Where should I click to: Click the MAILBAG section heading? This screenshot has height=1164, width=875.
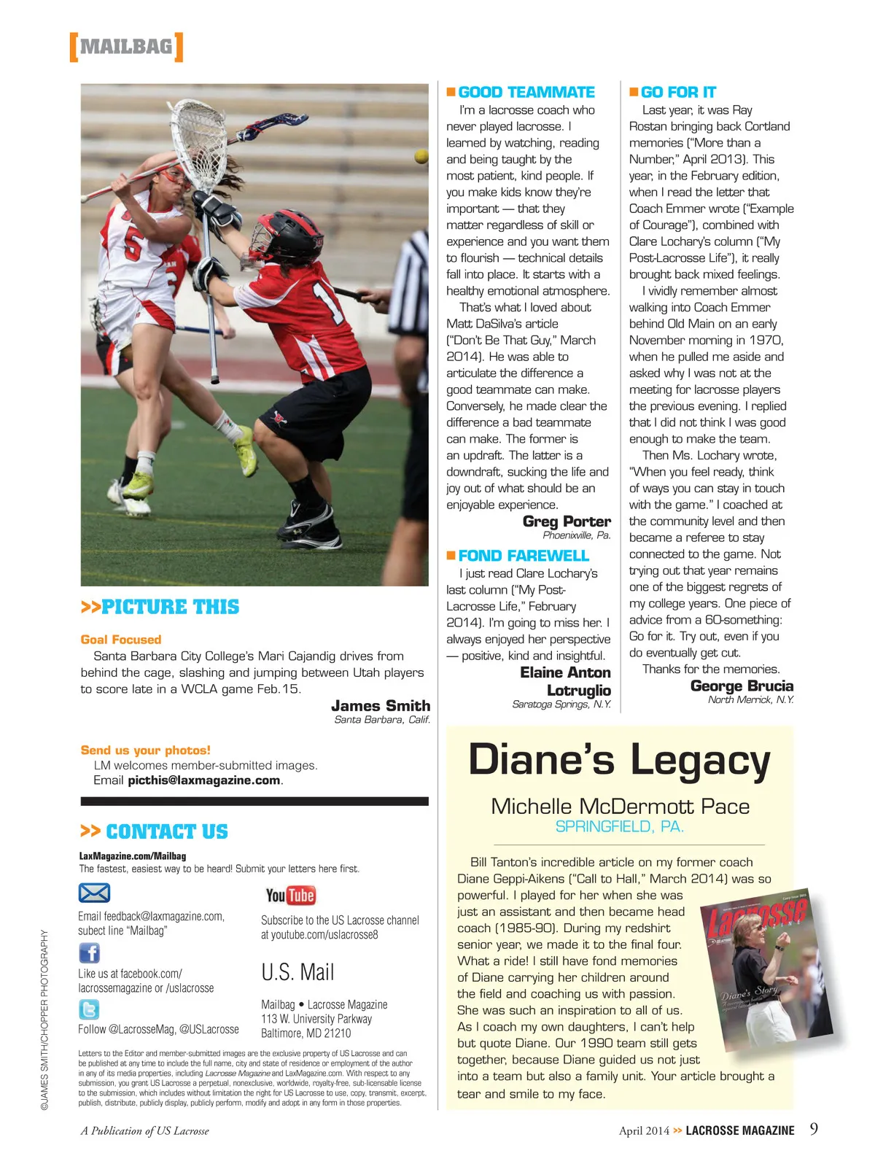click(x=125, y=47)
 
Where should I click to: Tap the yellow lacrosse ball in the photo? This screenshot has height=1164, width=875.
click(x=421, y=156)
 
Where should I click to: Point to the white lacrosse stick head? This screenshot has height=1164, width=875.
click(x=198, y=140)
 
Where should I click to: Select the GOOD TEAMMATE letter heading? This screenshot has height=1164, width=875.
click(x=526, y=93)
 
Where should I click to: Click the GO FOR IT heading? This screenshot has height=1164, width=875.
click(x=677, y=93)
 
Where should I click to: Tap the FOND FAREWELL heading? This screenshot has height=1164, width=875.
click(x=523, y=556)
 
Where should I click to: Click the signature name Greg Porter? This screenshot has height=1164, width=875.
click(x=567, y=521)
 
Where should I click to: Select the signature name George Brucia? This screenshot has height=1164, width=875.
click(x=742, y=686)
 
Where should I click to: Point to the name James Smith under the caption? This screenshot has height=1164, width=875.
click(x=380, y=705)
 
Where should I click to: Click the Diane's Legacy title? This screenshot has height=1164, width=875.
click(x=619, y=760)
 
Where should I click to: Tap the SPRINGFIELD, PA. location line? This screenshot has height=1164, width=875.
click(x=619, y=826)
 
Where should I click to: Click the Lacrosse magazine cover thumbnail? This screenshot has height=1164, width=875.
click(x=758, y=963)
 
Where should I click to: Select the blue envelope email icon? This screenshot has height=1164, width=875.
click(x=94, y=893)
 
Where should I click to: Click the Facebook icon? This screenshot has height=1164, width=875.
click(x=89, y=952)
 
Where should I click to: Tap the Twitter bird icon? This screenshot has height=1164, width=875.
click(x=89, y=1009)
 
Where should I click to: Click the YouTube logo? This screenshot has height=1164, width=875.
click(x=290, y=895)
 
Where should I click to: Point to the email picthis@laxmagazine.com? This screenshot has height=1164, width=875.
click(x=204, y=780)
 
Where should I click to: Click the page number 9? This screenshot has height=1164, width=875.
click(x=814, y=1129)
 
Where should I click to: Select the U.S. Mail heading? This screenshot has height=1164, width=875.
click(x=297, y=972)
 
